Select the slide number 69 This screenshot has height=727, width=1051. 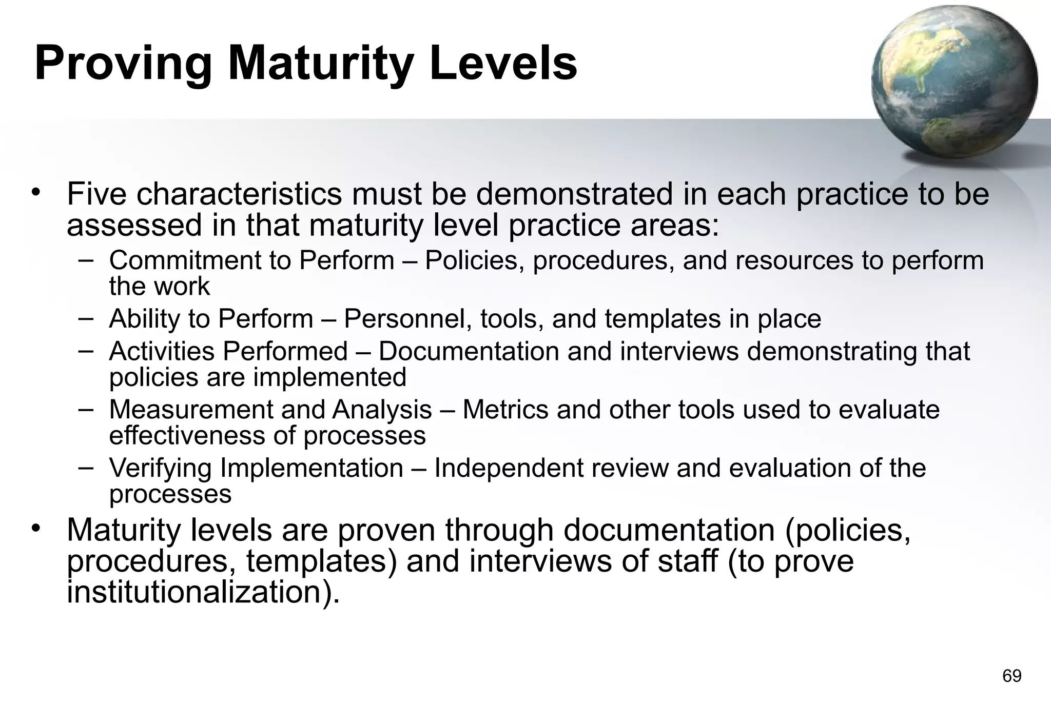tap(1011, 676)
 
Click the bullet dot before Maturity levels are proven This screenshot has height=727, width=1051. tap(35, 528)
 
